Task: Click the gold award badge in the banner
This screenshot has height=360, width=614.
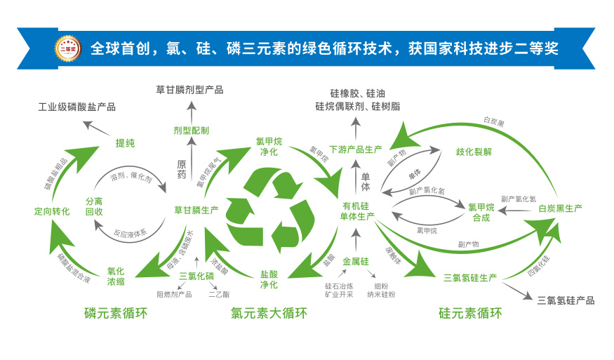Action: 69,48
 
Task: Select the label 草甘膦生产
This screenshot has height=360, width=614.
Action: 196,209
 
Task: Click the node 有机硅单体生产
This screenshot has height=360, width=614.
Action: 357,211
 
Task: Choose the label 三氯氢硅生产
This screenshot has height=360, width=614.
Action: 470,278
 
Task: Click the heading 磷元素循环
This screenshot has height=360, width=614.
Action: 116,313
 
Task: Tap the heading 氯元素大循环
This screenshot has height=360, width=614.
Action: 269,313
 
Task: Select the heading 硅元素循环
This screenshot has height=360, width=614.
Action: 470,313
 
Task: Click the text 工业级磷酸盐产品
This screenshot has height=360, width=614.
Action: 76,107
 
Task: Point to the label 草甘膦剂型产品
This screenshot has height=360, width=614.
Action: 189,90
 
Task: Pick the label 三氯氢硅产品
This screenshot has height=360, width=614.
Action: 566,300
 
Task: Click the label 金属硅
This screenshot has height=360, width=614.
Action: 356,262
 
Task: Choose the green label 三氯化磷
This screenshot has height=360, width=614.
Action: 196,276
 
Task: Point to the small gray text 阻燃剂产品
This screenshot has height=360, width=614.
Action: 174,294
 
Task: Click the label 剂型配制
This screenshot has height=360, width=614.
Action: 191,131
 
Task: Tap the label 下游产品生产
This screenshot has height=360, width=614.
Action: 356,149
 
